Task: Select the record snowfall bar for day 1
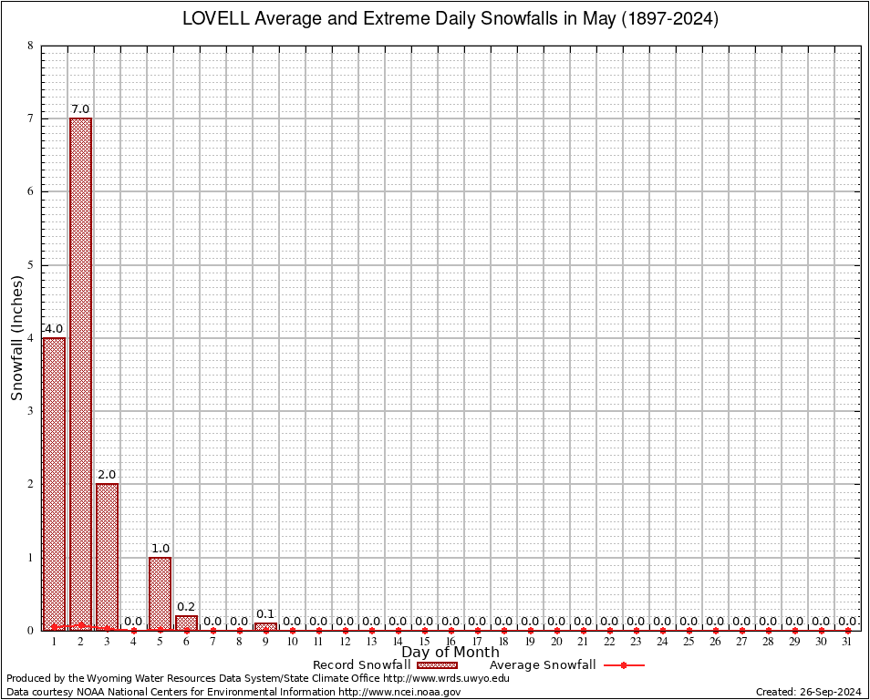(54, 483)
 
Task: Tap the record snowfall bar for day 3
(107, 556)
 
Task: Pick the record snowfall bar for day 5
(160, 592)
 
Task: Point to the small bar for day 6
(186, 623)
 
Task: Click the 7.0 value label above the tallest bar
(80, 109)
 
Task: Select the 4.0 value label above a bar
(54, 329)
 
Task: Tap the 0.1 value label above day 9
(265, 613)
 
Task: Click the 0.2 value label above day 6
(186, 607)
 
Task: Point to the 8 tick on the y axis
(31, 46)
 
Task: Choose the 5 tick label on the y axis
(31, 265)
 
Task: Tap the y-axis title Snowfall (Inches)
(16, 337)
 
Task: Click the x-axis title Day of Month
(451, 653)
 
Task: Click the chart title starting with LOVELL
(451, 19)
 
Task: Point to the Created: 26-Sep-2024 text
(809, 693)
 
